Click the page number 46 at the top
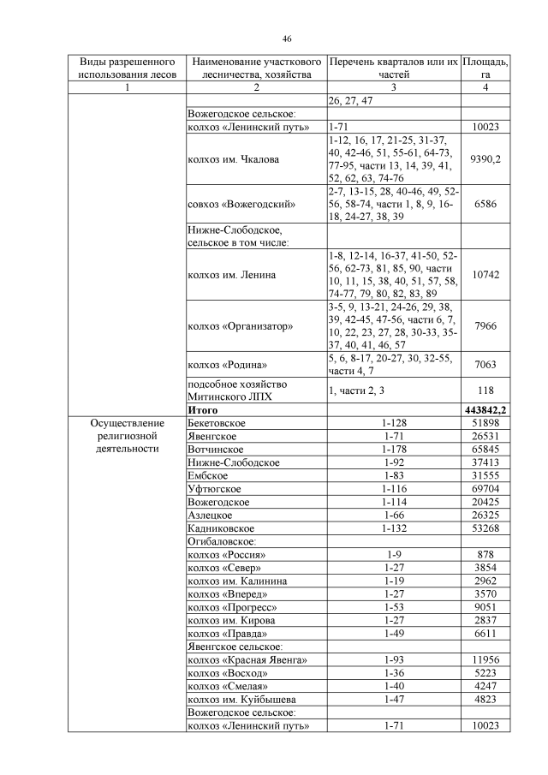click(287, 38)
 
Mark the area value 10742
click(485, 275)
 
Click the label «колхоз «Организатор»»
click(241, 326)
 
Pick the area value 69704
click(485, 488)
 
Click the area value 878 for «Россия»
click(485, 554)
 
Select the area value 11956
click(485, 660)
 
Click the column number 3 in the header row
click(393, 87)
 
